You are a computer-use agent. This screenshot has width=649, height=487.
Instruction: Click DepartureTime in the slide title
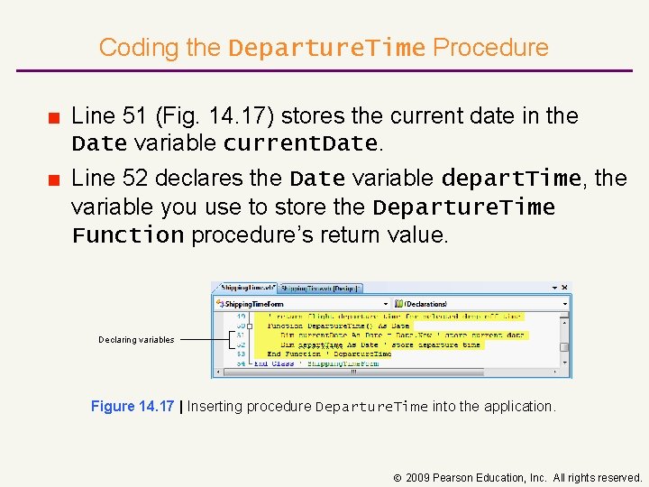(326, 49)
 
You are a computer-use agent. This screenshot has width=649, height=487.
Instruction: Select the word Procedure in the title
(490, 48)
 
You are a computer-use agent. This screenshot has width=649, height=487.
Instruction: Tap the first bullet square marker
(55, 117)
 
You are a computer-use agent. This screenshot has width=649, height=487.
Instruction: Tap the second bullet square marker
(55, 179)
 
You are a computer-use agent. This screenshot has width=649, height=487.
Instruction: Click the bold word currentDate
(299, 144)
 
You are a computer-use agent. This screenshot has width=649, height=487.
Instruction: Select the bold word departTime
(517, 179)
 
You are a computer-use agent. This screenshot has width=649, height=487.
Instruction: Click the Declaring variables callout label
(136, 340)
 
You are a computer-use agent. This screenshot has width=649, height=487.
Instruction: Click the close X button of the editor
(564, 288)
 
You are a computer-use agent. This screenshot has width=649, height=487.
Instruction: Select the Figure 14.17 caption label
(133, 407)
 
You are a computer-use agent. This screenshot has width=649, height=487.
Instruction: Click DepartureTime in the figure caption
(371, 408)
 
